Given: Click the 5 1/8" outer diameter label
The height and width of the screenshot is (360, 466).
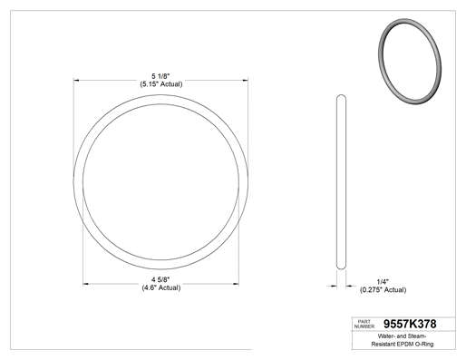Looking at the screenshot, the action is (160, 76).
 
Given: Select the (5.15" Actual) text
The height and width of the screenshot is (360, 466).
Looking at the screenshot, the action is (161, 84).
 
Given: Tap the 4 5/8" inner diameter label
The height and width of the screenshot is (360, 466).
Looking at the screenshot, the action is (160, 279).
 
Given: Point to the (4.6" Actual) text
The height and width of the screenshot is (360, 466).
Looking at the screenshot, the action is (161, 287).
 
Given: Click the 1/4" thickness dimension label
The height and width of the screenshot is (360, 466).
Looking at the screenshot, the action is (383, 282).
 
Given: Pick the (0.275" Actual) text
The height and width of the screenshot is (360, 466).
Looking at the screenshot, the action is (383, 290).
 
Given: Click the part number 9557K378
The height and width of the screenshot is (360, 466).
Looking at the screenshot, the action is (410, 324).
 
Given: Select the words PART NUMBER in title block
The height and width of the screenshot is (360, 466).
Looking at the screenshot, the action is (364, 324).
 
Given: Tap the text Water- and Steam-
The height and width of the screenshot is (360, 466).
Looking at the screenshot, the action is (402, 336).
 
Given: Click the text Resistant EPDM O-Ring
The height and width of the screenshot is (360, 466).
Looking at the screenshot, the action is (403, 344).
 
